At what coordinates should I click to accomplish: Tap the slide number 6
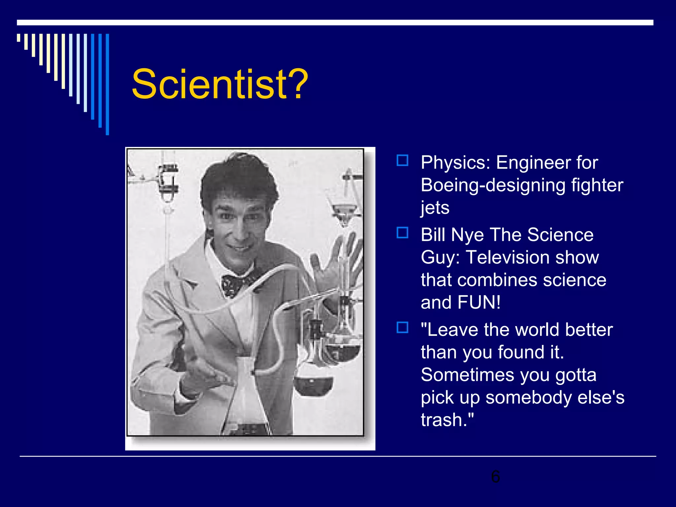coord(495,476)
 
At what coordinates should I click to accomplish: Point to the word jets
coord(435,208)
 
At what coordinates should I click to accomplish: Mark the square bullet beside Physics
coord(402,160)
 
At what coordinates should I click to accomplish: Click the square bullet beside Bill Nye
coord(402,233)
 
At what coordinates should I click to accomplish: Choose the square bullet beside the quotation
coord(402,327)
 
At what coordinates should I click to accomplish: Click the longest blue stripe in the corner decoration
coord(107,84)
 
